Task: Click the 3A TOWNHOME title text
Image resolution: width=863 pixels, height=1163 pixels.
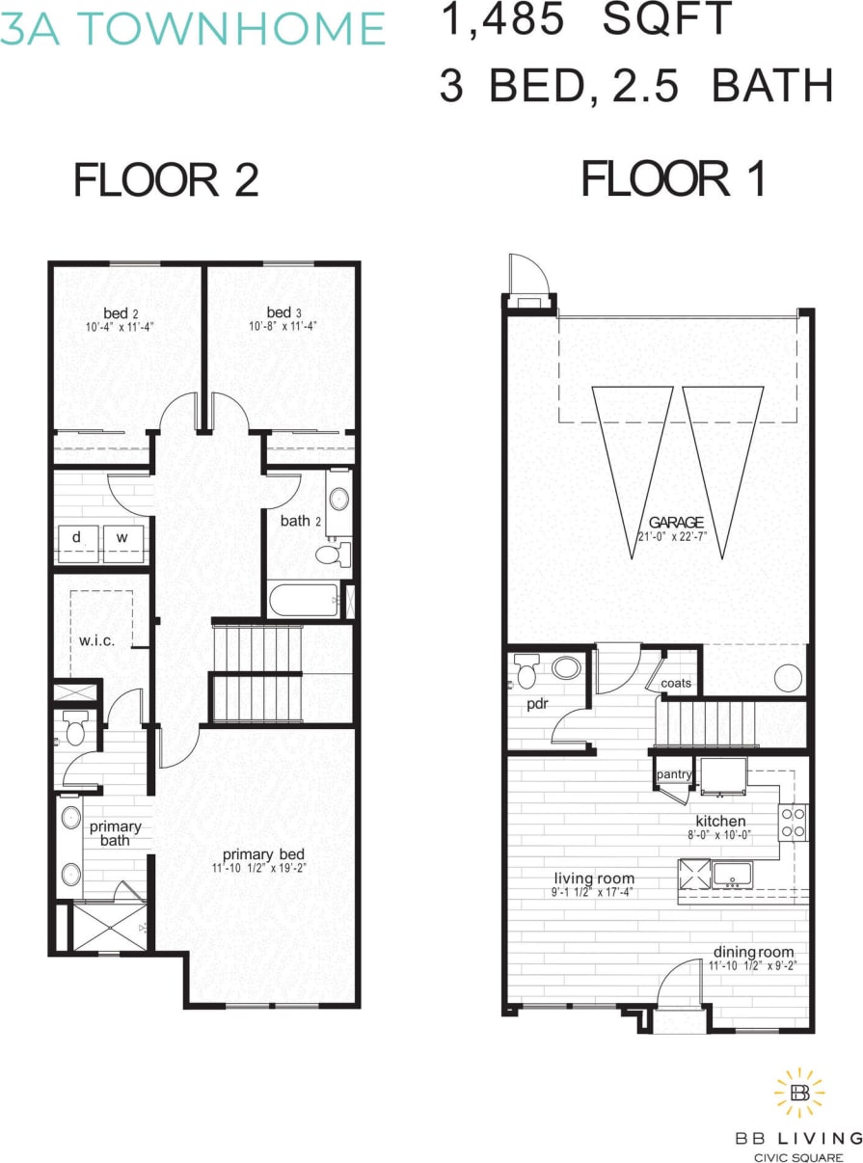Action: (x=193, y=29)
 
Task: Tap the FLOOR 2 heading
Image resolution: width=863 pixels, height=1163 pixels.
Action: (x=166, y=180)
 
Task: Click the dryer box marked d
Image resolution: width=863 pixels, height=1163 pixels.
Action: (x=76, y=536)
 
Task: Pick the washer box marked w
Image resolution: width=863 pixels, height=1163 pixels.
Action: (x=122, y=536)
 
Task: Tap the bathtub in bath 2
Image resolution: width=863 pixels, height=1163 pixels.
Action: (x=304, y=602)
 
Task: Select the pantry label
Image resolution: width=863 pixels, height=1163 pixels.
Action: (x=672, y=774)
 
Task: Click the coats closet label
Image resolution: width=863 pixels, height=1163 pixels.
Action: (x=676, y=684)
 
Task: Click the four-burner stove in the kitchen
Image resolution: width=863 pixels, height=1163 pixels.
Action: (x=793, y=822)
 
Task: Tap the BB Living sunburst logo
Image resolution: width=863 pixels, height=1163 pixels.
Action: (x=799, y=1092)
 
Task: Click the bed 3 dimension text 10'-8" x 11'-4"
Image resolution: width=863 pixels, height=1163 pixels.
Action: (x=279, y=326)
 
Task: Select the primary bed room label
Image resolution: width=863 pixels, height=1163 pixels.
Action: (x=264, y=854)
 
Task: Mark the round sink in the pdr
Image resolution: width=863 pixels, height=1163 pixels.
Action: (x=567, y=667)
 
